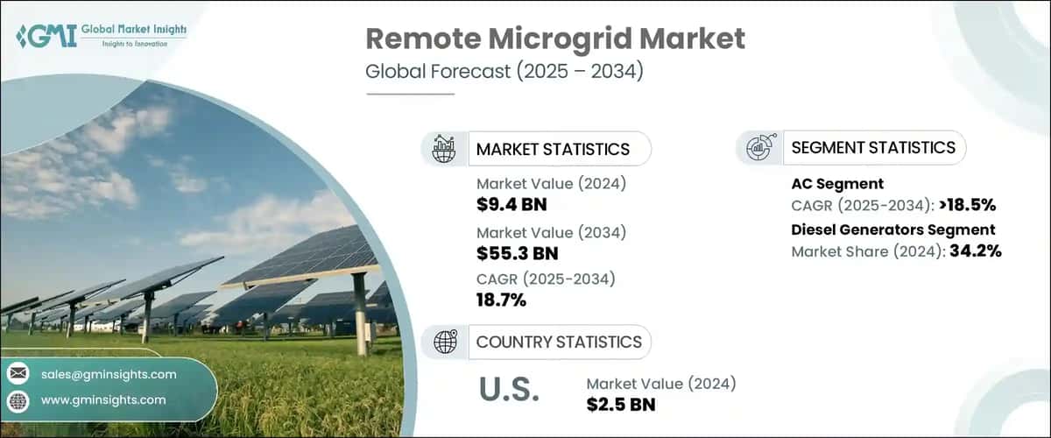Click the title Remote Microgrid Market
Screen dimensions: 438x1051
(554, 39)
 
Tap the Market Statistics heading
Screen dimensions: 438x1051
(553, 149)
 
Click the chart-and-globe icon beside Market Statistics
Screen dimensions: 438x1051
(445, 149)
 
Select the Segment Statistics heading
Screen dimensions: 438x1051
(873, 148)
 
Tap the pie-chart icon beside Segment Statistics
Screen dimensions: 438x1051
(758, 148)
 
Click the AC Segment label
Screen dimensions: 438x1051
(837, 184)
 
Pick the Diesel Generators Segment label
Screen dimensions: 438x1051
(893, 230)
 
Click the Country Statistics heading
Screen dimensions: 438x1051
(558, 342)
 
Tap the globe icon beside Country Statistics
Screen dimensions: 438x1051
(445, 342)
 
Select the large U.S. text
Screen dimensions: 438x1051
(510, 391)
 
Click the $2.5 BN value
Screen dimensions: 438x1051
(620, 405)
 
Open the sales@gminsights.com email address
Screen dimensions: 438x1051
(109, 374)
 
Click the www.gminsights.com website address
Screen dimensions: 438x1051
(103, 399)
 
